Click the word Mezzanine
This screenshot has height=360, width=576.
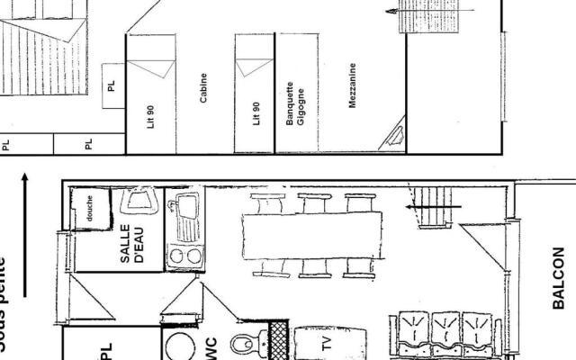[352, 86]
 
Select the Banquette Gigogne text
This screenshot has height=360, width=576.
[296, 104]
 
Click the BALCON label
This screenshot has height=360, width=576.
[558, 278]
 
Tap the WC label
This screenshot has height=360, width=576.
[211, 346]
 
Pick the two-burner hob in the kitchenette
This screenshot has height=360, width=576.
[185, 256]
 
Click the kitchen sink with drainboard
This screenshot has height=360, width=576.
[186, 216]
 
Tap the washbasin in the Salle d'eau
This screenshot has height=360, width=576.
[140, 201]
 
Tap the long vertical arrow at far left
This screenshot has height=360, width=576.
[24, 233]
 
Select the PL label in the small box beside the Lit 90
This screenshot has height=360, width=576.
[112, 86]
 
